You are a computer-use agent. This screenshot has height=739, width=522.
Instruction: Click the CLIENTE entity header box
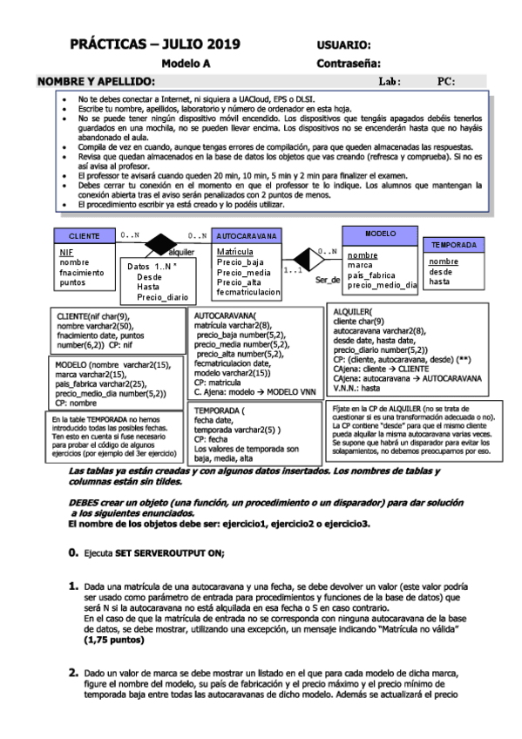tap(84, 236)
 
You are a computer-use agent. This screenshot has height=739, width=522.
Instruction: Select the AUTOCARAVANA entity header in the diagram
tap(247, 236)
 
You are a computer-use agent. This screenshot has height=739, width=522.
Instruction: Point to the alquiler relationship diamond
tap(160, 243)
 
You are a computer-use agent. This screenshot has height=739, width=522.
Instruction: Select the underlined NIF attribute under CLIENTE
tap(66, 251)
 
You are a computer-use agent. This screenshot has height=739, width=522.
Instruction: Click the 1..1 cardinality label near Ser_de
tap(294, 270)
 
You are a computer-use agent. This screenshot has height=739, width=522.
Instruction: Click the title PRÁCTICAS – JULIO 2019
tap(154, 44)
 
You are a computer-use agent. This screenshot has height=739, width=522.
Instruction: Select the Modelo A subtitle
tap(186, 64)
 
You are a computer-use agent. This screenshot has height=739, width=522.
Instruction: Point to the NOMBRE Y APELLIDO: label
tap(96, 82)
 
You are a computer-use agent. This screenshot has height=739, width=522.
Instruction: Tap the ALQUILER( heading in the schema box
tap(353, 311)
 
